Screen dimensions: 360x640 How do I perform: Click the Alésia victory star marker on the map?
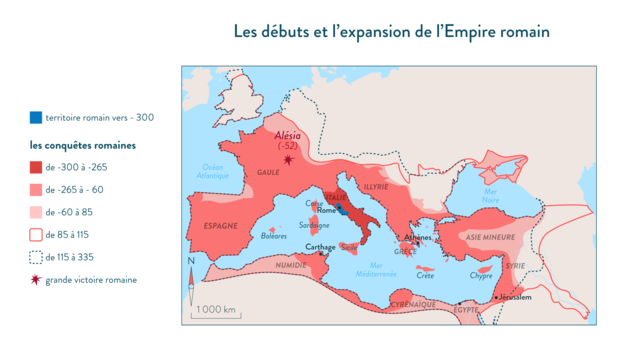click(290, 159)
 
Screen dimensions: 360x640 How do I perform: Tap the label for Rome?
click(323, 210)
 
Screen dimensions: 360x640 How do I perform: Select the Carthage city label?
click(320, 246)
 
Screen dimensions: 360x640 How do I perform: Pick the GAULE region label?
click(268, 171)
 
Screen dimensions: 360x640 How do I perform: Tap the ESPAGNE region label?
click(221, 226)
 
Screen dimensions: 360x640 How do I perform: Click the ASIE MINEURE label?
click(490, 237)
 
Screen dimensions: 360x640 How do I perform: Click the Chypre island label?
click(482, 275)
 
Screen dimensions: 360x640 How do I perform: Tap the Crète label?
click(425, 275)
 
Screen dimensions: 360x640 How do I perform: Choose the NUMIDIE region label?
click(291, 265)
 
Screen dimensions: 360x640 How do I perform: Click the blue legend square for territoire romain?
click(36, 117)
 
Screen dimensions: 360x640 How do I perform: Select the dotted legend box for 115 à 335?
click(36, 257)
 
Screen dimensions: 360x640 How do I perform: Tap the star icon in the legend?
click(36, 280)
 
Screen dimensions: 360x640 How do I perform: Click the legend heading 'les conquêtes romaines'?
click(83, 145)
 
